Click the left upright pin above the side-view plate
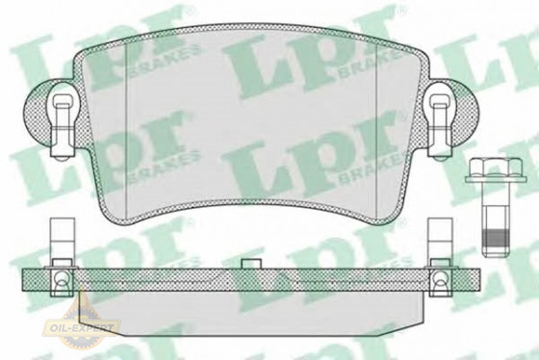(x=57, y=235)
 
